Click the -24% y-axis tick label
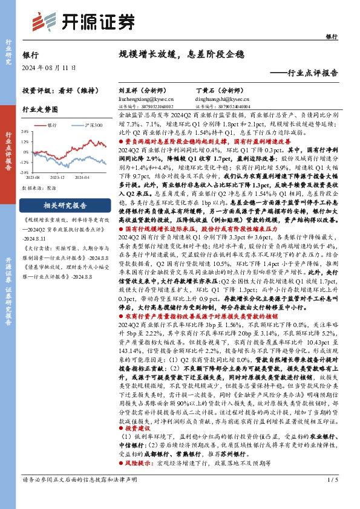click(25, 173)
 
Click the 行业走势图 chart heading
click(40, 109)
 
